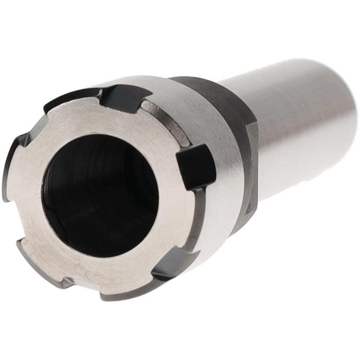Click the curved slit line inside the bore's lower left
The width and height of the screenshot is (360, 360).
[x=54, y=216]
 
